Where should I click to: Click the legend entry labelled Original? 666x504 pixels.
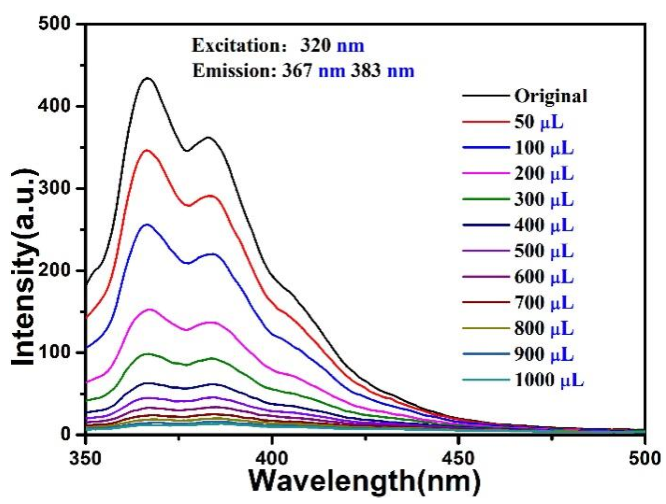click(x=550, y=96)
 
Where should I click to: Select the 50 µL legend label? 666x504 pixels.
click(x=539, y=122)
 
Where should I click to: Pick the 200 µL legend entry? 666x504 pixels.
click(x=544, y=174)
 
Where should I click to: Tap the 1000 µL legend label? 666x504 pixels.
click(x=548, y=380)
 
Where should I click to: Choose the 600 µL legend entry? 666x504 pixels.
click(x=544, y=277)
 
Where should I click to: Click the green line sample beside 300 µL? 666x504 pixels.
click(x=485, y=199)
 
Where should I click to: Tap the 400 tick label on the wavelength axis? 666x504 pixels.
click(x=272, y=458)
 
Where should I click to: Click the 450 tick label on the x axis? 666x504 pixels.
click(x=458, y=458)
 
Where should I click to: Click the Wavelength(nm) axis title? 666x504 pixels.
click(x=364, y=481)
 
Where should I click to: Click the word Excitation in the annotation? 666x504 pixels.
click(x=230, y=46)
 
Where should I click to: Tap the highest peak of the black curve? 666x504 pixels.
click(x=147, y=78)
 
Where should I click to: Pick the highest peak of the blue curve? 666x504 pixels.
click(x=147, y=224)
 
